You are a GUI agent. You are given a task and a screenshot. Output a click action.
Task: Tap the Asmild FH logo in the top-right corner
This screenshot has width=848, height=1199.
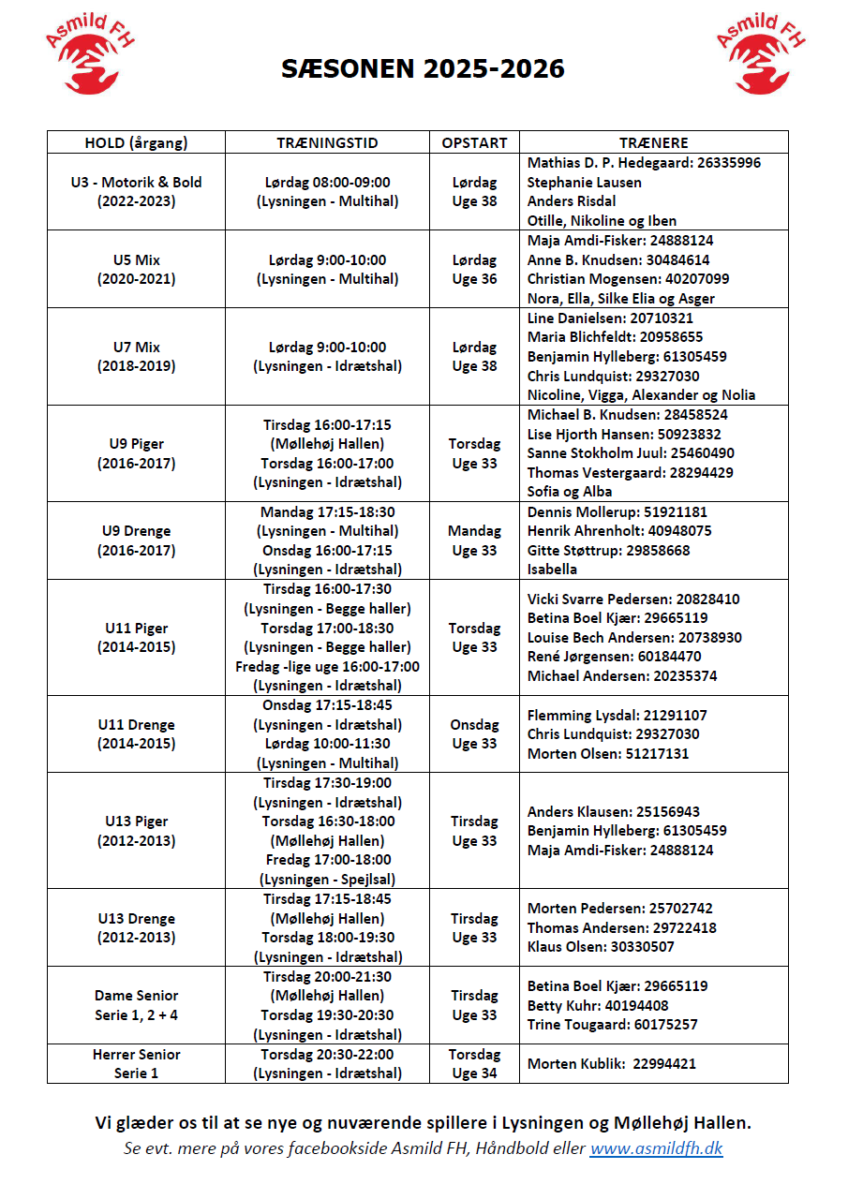[x=760, y=53]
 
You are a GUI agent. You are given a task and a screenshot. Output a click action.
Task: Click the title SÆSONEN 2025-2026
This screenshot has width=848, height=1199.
[x=424, y=69]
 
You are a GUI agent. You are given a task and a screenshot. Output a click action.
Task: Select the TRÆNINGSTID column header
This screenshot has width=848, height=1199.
[x=327, y=142]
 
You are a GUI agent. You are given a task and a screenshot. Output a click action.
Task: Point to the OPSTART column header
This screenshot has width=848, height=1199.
[x=474, y=142]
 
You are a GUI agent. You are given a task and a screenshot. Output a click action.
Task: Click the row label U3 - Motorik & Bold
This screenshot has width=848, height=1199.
[x=136, y=182]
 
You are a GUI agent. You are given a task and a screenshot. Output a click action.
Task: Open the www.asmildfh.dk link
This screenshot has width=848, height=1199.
[x=656, y=1148]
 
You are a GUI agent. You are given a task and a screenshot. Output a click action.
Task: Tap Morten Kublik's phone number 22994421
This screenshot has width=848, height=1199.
[x=664, y=1063]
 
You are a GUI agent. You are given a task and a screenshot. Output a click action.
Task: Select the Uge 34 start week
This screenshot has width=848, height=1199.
[x=474, y=1073]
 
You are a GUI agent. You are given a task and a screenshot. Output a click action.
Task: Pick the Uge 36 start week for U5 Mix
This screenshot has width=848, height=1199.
[x=474, y=279]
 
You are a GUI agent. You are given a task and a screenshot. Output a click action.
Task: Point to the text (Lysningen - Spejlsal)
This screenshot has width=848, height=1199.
[x=327, y=879]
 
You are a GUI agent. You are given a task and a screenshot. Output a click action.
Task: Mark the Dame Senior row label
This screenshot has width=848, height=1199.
[x=136, y=995]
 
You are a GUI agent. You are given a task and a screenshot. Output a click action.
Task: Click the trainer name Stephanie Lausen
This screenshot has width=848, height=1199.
[x=585, y=182]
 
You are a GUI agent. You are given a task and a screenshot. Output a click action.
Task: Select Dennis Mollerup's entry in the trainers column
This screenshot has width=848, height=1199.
[x=617, y=512]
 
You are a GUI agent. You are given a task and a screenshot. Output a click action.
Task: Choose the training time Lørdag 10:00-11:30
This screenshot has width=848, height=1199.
[x=327, y=744]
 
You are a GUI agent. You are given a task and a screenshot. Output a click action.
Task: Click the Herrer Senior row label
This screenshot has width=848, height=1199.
[x=136, y=1054]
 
